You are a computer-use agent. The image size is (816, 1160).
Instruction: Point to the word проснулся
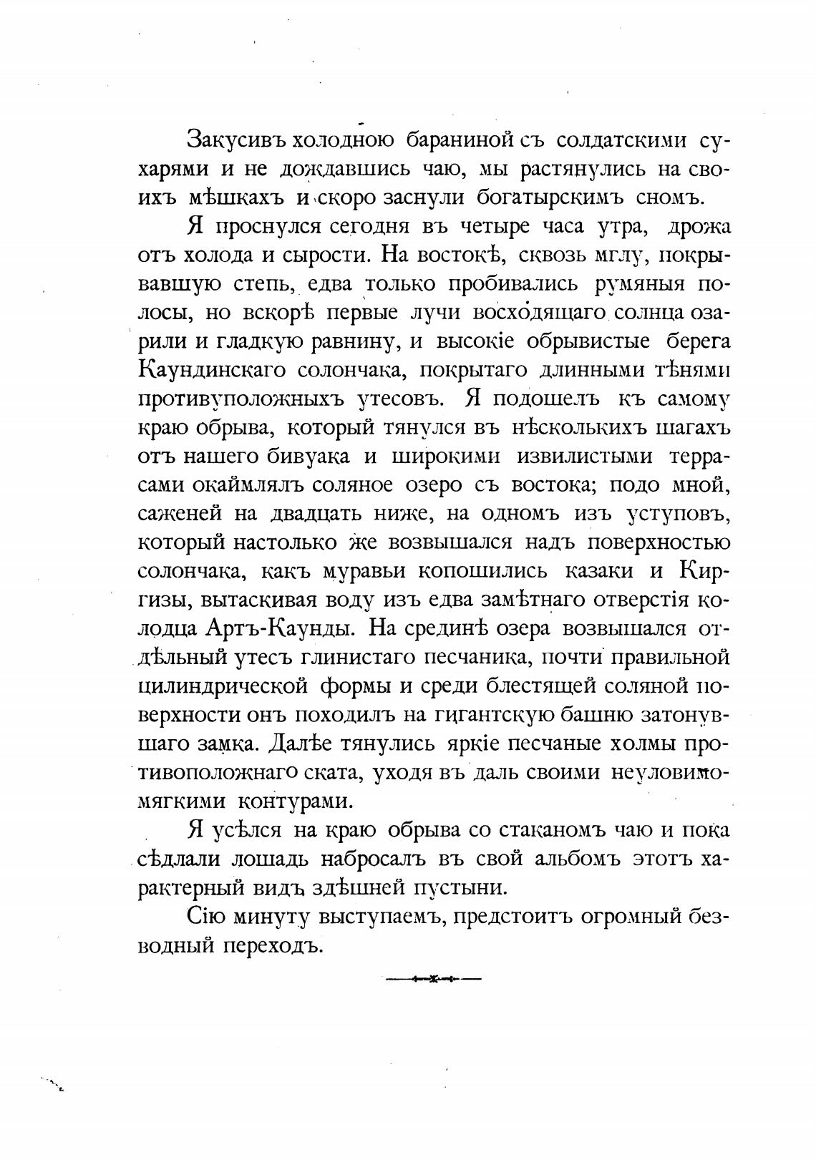click(x=271, y=227)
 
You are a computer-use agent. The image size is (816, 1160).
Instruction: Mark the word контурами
click(x=296, y=801)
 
